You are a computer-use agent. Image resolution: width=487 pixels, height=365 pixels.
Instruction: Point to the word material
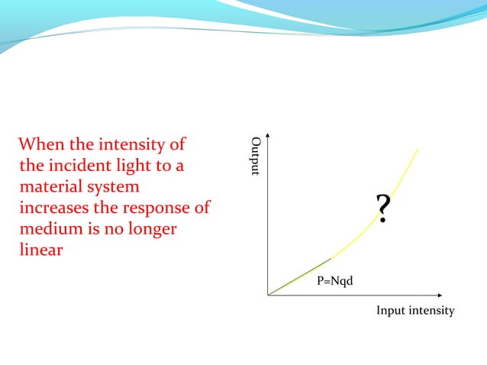52,187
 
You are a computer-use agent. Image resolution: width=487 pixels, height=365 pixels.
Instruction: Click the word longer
153,230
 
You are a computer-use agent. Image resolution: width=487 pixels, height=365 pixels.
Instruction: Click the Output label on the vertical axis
256,157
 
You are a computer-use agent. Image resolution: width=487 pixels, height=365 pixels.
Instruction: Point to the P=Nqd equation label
335,282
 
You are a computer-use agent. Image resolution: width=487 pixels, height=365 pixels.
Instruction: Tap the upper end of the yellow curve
418,149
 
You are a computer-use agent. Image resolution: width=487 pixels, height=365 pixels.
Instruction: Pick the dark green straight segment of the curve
299,276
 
